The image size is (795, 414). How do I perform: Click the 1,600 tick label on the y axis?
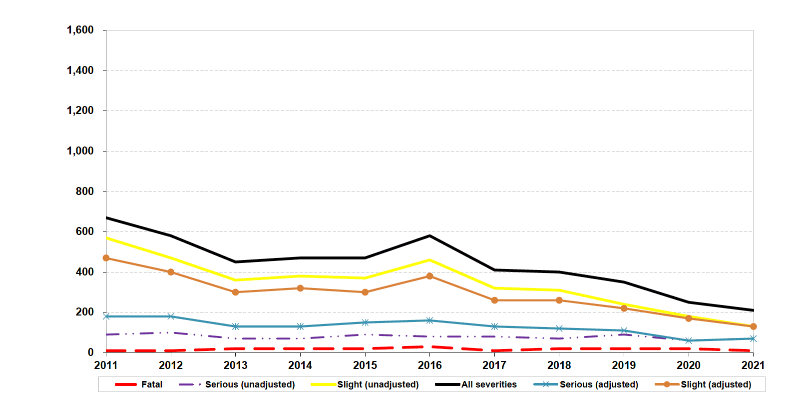(x=80, y=30)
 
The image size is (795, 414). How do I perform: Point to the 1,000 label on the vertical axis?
(x=80, y=151)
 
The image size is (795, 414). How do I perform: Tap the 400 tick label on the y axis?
(x=85, y=272)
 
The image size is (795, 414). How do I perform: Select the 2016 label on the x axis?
(x=430, y=365)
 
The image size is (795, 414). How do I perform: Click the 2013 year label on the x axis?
(x=236, y=365)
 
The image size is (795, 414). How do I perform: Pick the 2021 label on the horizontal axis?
(x=753, y=365)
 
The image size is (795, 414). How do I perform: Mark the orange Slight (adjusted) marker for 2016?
(x=430, y=276)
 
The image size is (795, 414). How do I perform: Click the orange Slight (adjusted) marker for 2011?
(x=106, y=258)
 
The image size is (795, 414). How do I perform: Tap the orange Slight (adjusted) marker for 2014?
(x=300, y=288)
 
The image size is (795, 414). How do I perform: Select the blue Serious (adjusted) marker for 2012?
(x=171, y=316)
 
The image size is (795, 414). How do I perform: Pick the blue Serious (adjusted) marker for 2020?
(x=689, y=340)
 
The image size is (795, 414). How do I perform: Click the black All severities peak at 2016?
(x=430, y=235)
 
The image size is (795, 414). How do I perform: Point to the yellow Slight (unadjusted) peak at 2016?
(x=430, y=260)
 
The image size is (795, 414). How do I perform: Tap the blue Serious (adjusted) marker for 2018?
(x=559, y=328)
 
